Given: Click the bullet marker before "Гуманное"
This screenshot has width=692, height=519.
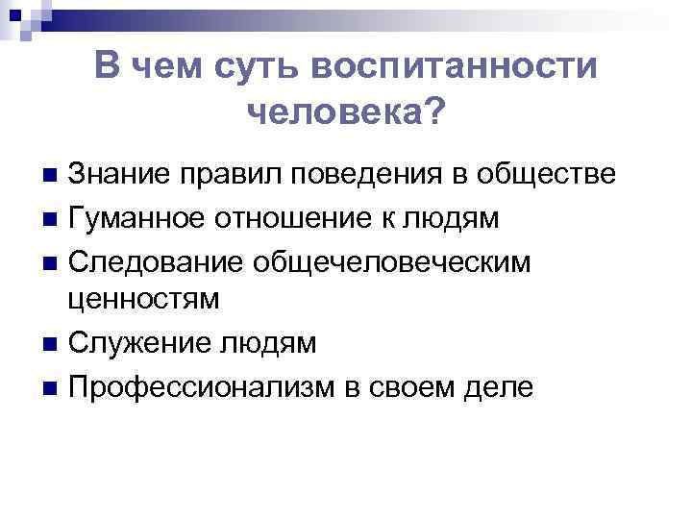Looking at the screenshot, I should click(50, 218).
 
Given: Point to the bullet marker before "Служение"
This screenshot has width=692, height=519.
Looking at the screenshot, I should click(50, 343).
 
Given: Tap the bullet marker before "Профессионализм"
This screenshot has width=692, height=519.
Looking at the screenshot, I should click(50, 385).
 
